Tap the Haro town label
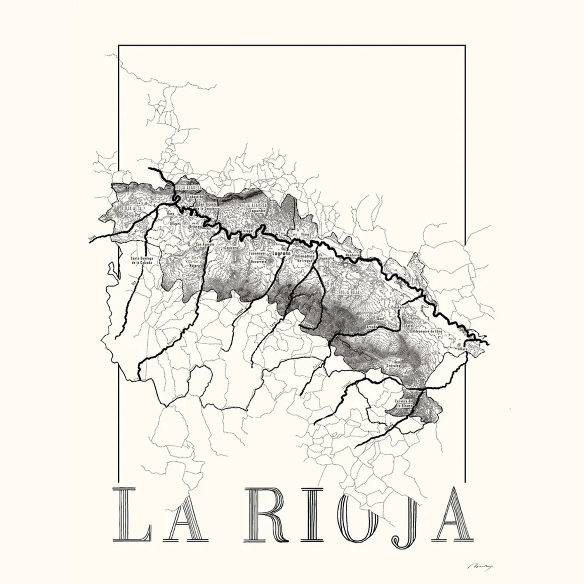pyautogui.click(x=171, y=214)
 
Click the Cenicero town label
pyautogui.click(x=231, y=248)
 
